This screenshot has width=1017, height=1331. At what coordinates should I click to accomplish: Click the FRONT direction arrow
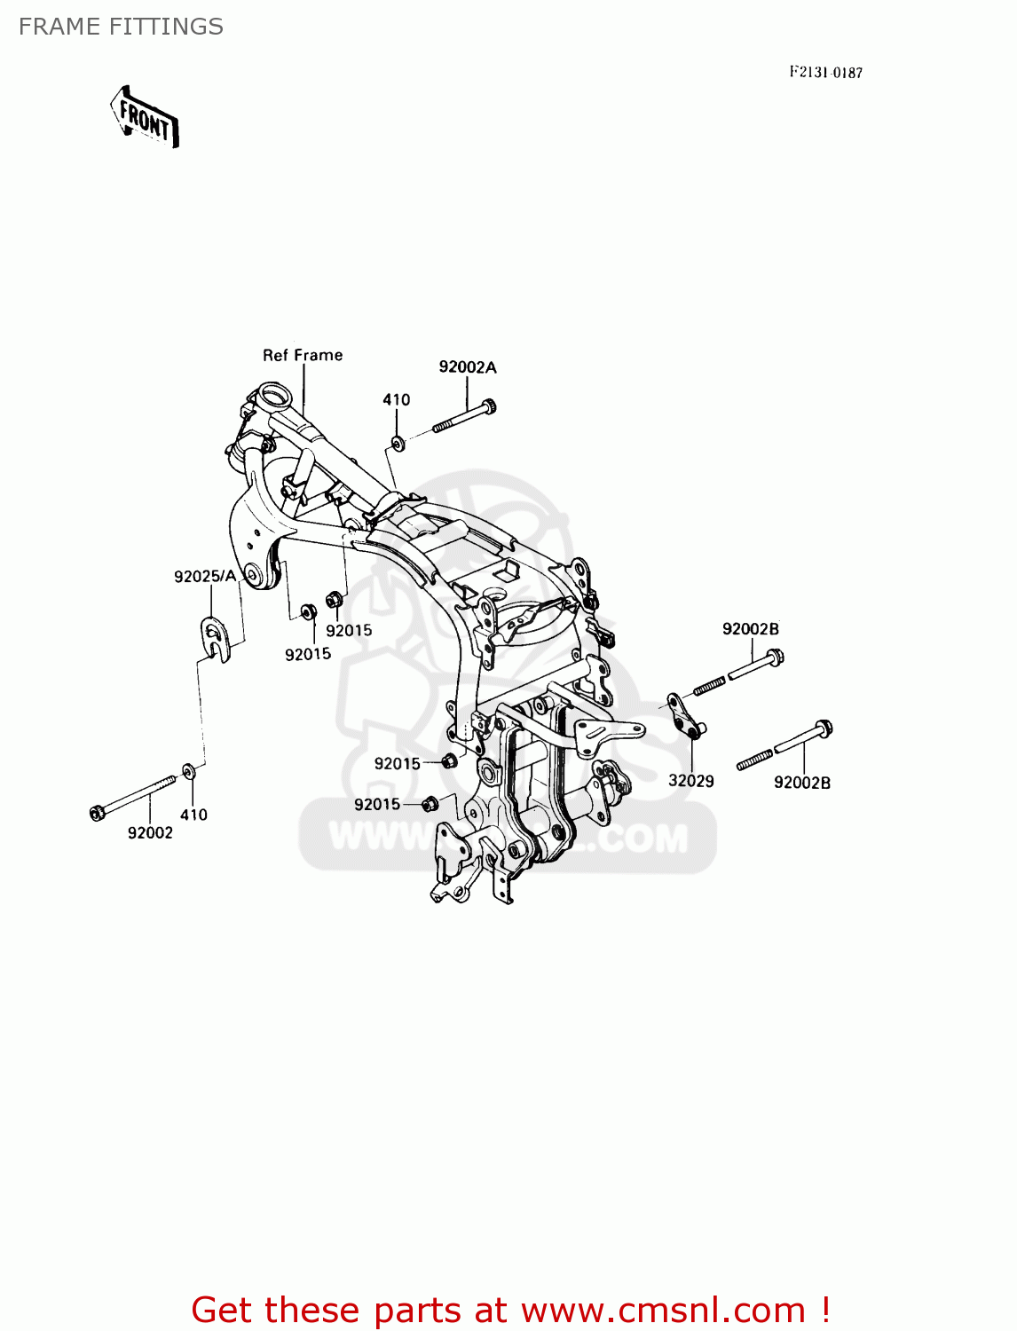tap(145, 116)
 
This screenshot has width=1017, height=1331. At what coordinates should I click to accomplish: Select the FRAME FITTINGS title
tap(121, 27)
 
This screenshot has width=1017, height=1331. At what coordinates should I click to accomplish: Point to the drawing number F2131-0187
tap(825, 73)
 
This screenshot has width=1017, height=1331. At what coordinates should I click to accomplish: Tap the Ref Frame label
tap(303, 355)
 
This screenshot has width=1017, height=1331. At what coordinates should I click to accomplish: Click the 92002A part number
tap(468, 367)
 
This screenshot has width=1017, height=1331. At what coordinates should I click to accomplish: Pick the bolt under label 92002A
tap(464, 417)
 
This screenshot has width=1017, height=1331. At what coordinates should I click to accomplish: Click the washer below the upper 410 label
tap(398, 442)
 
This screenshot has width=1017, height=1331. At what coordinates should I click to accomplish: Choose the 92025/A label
tap(205, 577)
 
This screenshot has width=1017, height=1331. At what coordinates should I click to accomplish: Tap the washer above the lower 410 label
tap(189, 771)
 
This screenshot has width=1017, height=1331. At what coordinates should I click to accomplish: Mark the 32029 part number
tap(691, 781)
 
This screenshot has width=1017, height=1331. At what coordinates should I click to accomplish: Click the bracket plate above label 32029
tap(684, 715)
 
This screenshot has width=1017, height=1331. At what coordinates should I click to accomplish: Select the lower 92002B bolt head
tap(822, 729)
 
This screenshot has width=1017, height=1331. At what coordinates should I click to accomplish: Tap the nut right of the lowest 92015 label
tap(430, 804)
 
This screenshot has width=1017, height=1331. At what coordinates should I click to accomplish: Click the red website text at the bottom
tap(510, 1310)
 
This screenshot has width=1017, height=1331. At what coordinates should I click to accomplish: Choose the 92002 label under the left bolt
tap(150, 833)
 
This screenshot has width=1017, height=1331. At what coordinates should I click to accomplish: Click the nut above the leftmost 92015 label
tap(308, 611)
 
